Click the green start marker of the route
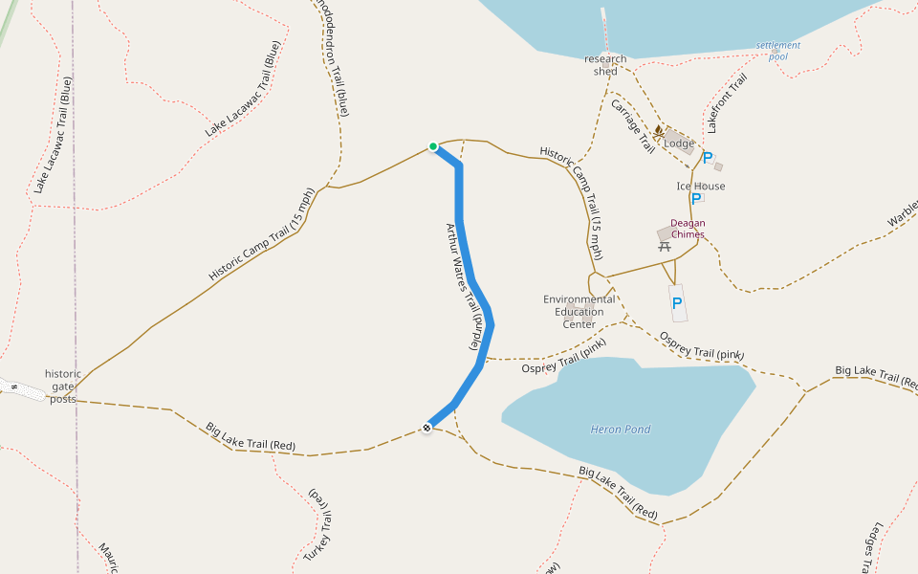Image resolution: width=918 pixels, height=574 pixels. [x=433, y=146]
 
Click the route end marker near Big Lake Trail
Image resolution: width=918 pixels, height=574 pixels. [x=426, y=428]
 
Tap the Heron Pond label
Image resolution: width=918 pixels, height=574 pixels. [x=621, y=430]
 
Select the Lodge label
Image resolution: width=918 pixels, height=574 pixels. [x=679, y=143]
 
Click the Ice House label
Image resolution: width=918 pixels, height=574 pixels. [x=701, y=187]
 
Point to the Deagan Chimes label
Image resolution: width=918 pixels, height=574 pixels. [x=688, y=229]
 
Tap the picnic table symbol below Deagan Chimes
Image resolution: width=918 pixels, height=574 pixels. [x=665, y=247]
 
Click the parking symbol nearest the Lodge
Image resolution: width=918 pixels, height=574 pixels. [x=708, y=158]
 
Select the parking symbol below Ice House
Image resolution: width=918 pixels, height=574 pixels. [x=696, y=199]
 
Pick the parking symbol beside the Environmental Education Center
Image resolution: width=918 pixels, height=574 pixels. [x=677, y=303]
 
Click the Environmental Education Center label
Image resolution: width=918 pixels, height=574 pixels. [x=579, y=312]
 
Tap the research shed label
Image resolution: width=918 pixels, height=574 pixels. [x=605, y=65]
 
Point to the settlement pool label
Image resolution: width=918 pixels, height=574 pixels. [x=777, y=51]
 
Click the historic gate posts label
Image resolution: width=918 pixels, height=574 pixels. [x=63, y=386]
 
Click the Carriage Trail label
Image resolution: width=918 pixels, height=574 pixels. [x=632, y=126]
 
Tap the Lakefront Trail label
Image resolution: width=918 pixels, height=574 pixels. [x=726, y=103]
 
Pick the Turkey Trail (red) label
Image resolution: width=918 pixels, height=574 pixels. [x=319, y=522]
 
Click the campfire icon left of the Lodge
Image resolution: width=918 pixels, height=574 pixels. [x=658, y=130]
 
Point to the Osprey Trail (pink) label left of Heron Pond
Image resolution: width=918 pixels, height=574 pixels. [x=564, y=362]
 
